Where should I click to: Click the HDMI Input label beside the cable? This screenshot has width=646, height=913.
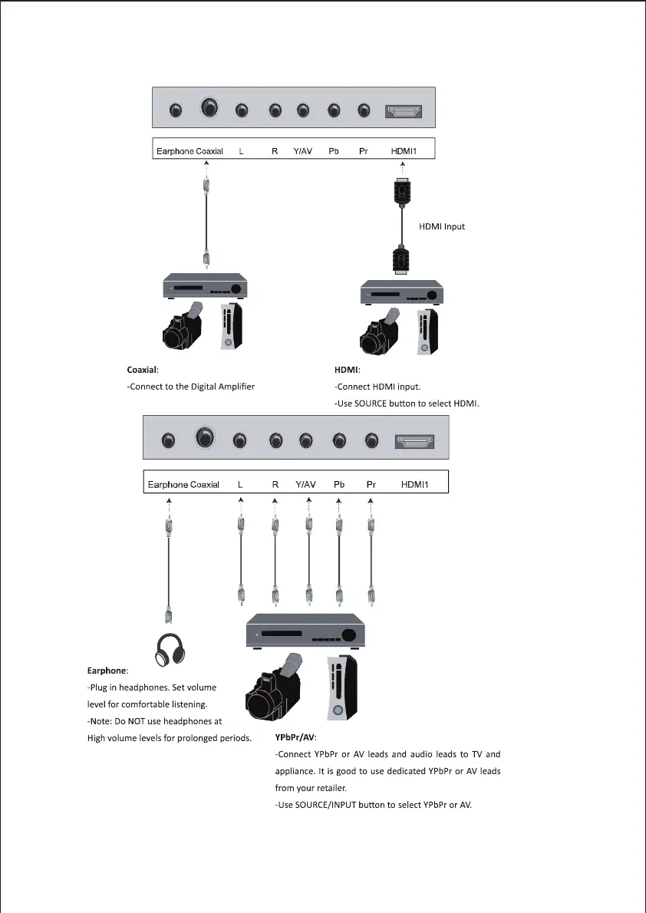(x=441, y=226)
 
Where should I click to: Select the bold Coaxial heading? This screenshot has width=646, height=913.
(x=142, y=371)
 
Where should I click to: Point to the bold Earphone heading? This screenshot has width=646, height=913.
(x=107, y=671)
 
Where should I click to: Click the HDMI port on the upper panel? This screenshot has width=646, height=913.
(x=404, y=112)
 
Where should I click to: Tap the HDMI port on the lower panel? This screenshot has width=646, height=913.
(x=414, y=441)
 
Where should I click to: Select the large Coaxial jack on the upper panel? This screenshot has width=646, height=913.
(x=209, y=109)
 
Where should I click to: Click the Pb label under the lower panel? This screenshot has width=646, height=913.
(x=339, y=485)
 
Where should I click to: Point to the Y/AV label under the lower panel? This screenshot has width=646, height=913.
(x=305, y=485)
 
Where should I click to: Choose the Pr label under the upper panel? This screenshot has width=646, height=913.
(x=364, y=152)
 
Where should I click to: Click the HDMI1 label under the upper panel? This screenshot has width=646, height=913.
(x=404, y=152)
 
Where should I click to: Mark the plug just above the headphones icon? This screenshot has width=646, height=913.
(x=169, y=614)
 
